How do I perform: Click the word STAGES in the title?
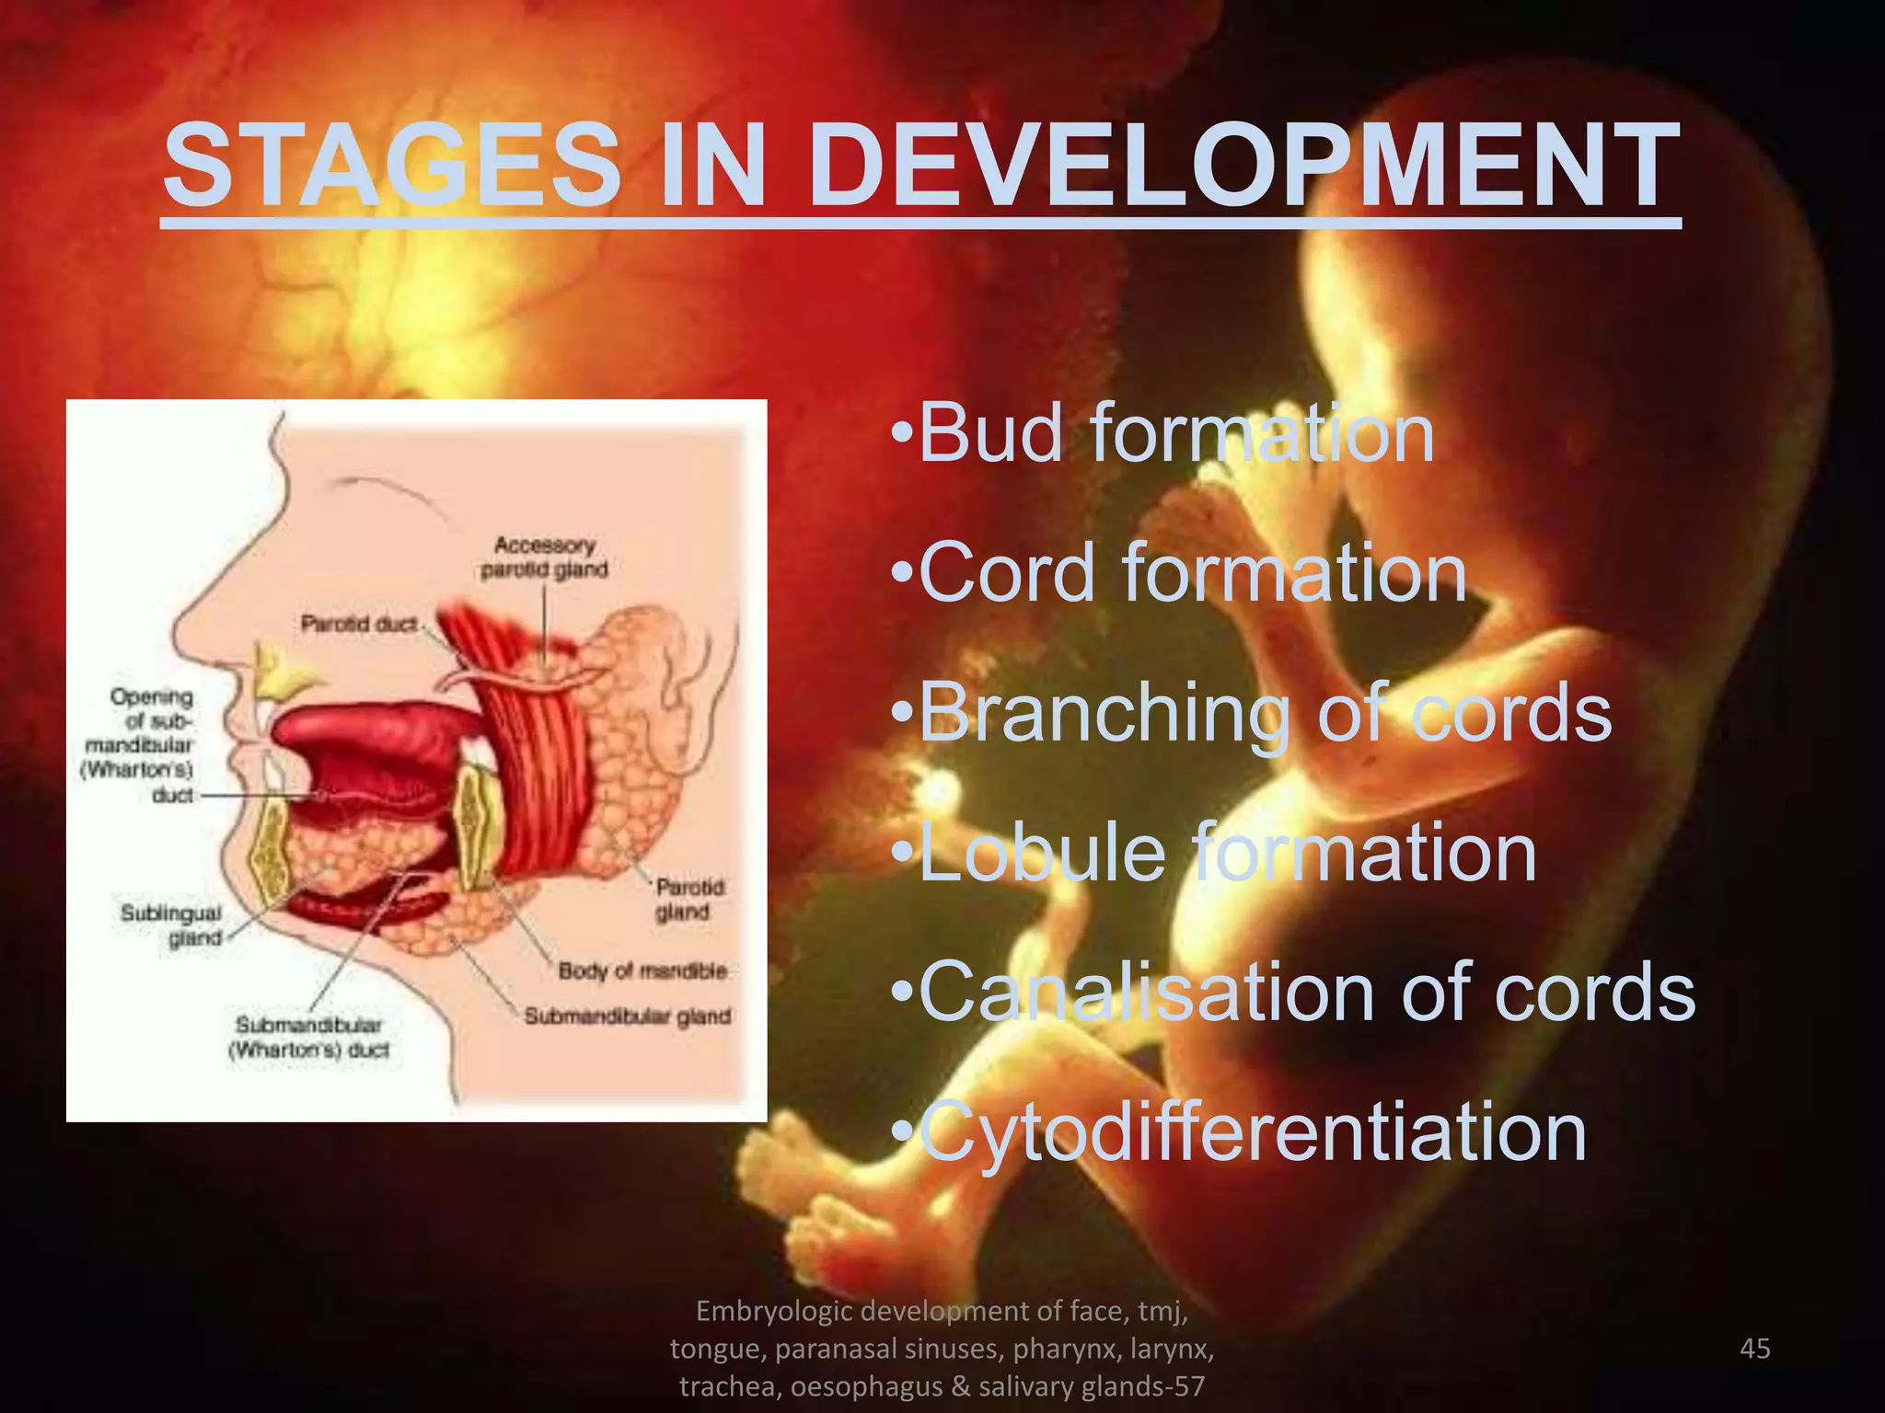pos(392,166)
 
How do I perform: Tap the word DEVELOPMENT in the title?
pos(1243,166)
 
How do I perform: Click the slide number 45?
pos(1755,1349)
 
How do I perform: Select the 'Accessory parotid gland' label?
pos(544,557)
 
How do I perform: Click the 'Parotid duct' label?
pos(359,625)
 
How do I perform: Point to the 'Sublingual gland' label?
pos(172,925)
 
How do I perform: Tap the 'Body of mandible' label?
pos(642,971)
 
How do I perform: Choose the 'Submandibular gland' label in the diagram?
pos(628,1017)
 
